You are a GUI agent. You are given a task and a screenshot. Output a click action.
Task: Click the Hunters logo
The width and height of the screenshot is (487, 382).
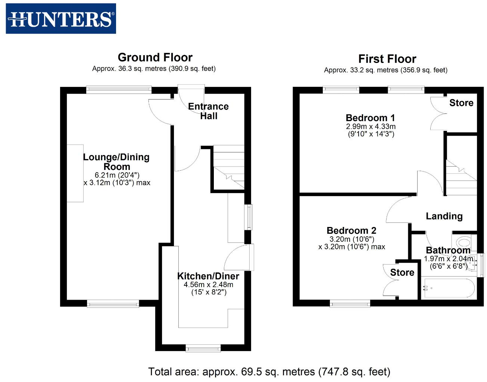point(61,19)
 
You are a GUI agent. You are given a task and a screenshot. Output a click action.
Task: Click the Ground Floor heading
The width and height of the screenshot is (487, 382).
point(155,57)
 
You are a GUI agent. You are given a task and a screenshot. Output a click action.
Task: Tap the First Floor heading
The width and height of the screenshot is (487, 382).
point(387,59)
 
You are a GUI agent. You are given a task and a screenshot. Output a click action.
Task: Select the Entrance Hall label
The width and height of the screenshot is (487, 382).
point(208,111)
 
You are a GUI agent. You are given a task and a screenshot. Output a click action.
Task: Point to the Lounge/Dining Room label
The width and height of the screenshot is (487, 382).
point(116,162)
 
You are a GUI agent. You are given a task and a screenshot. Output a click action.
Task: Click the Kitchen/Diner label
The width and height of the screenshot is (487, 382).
point(208,276)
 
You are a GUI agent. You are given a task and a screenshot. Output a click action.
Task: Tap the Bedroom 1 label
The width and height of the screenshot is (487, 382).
point(370,118)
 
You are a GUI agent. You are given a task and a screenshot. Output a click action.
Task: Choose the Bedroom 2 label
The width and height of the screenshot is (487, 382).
point(351,231)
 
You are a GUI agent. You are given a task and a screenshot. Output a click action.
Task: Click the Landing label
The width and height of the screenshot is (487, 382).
point(444,216)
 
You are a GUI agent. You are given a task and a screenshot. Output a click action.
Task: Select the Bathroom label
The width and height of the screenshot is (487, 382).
point(448,250)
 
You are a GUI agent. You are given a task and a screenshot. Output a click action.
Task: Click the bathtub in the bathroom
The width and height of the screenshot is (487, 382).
point(448,288)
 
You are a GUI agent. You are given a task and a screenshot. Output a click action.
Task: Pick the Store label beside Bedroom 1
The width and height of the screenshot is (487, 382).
point(461,103)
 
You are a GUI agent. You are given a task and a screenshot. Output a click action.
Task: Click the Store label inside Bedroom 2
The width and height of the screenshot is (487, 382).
point(402,272)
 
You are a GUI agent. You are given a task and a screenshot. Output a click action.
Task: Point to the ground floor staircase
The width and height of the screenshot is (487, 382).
point(228,168)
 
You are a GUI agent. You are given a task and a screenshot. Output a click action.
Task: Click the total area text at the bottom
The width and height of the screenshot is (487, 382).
point(269,372)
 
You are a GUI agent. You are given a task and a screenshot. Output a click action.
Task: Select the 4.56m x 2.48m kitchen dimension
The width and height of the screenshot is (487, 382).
point(208,285)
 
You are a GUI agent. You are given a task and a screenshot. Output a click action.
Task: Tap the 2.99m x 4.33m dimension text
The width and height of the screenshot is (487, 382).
point(371,127)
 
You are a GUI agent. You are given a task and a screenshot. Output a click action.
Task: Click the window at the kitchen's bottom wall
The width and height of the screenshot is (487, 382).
point(203,348)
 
